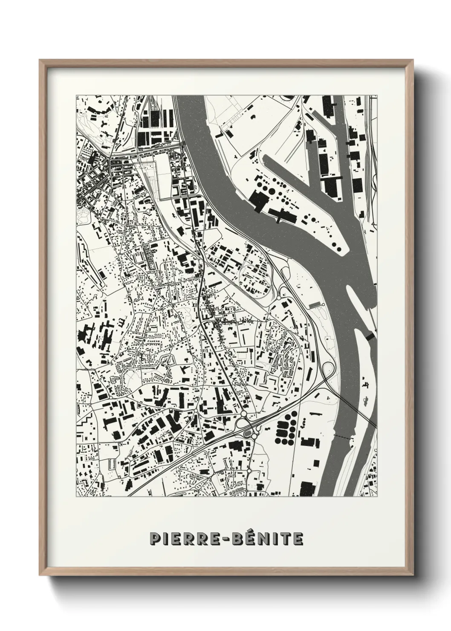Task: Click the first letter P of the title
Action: click(154, 539)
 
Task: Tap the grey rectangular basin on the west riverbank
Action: click(315, 304)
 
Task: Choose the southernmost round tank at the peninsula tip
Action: click(338, 247)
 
